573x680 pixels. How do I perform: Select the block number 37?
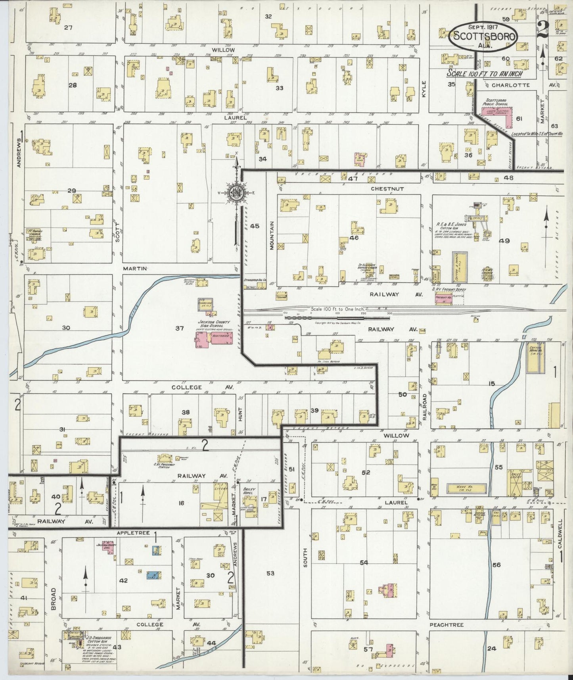pyautogui.click(x=180, y=328)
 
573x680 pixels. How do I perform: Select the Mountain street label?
pyautogui.click(x=272, y=235)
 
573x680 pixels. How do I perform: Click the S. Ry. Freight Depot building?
pyautogui.click(x=444, y=298)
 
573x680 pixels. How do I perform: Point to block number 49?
pyautogui.click(x=504, y=241)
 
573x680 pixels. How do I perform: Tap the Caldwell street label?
pyautogui.click(x=560, y=534)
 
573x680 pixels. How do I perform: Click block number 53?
pyautogui.click(x=270, y=573)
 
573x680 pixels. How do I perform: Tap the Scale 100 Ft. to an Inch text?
pyautogui.click(x=484, y=74)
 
